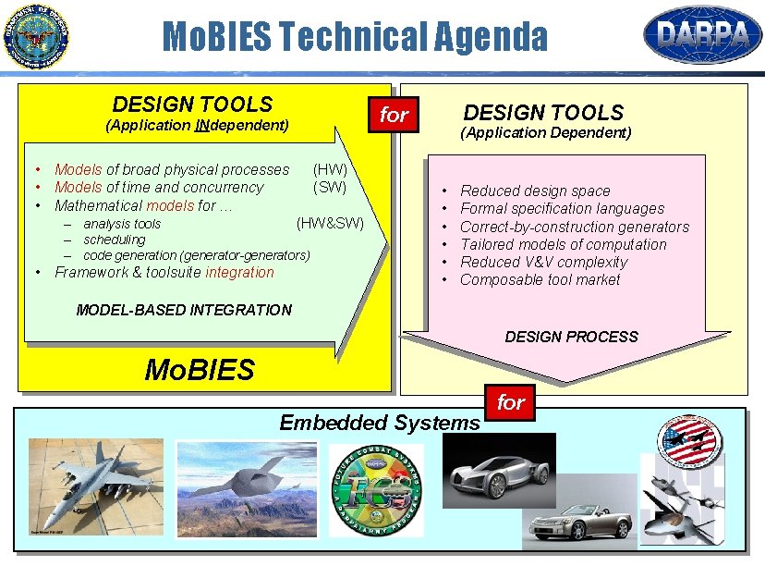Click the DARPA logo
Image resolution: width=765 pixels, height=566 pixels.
tap(702, 35)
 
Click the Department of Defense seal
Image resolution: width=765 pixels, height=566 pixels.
tap(36, 37)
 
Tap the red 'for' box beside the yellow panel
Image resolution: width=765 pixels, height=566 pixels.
tap(394, 115)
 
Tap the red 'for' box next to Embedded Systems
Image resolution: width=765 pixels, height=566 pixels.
tap(511, 401)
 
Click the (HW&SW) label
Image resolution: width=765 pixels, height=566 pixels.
tap(330, 223)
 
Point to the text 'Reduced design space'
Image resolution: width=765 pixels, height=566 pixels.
tap(535, 191)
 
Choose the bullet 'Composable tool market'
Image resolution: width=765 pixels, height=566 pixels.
tap(540, 279)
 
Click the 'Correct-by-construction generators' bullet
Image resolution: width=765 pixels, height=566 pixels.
tap(574, 227)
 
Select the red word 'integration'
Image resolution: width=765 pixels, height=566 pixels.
tap(239, 272)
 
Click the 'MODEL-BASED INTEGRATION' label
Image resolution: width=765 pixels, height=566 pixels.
tap(184, 310)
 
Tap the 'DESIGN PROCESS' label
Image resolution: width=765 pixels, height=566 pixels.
tap(571, 337)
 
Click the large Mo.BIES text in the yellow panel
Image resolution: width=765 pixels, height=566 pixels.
tap(200, 370)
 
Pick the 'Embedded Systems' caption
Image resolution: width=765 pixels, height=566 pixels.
tap(380, 423)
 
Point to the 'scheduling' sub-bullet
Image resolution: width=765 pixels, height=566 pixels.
tap(114, 240)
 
